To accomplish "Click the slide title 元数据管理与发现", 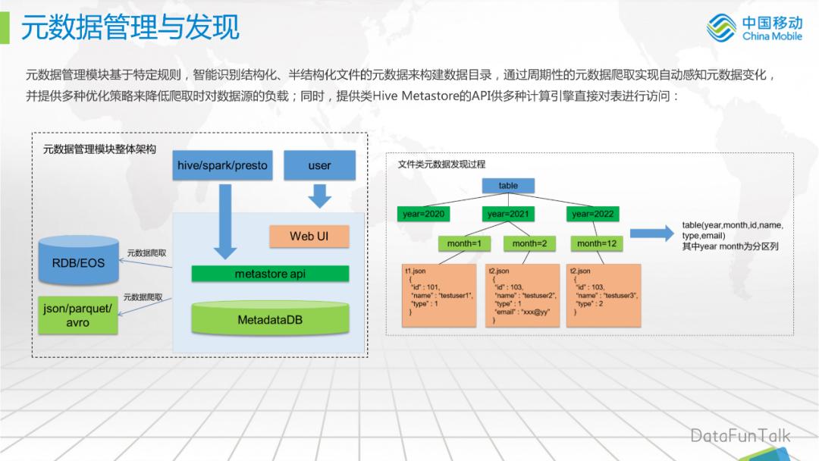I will pos(130,27).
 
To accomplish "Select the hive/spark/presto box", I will pos(222,165).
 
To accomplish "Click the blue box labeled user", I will pos(319,165).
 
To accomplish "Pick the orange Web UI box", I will pos(309,236).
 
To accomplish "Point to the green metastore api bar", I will pos(270,274).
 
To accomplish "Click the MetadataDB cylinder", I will pos(270,319).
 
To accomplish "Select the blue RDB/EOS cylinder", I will pos(79,262).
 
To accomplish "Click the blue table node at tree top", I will pos(508,186).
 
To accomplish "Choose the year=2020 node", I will pos(423,215).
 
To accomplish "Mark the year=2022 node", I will pos(593,215).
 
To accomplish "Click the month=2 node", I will pos(529,243).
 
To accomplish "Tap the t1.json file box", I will pos(439,295).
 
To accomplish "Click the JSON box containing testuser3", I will pos(604,295).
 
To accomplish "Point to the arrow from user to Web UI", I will pos(319,196).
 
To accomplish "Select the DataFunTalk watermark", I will pos(739,435).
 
